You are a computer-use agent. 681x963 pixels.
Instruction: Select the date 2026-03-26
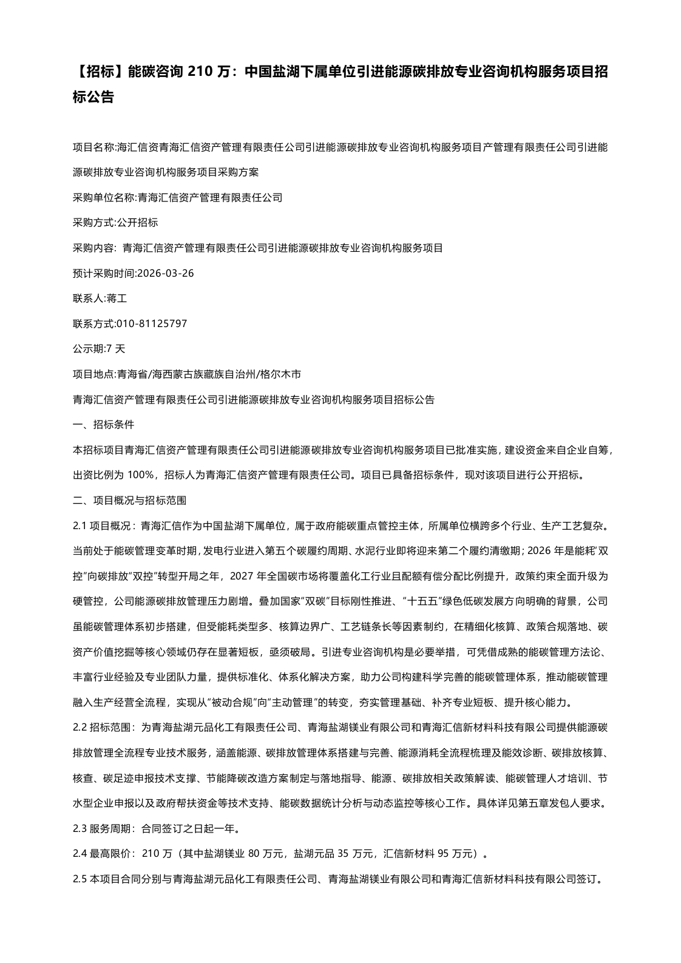(x=166, y=273)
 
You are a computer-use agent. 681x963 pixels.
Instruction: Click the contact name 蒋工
(x=116, y=299)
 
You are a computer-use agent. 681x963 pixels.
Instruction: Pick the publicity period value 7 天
(x=115, y=349)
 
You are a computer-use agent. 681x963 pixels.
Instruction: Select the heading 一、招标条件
(x=103, y=425)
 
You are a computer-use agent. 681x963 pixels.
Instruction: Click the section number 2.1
(x=80, y=525)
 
